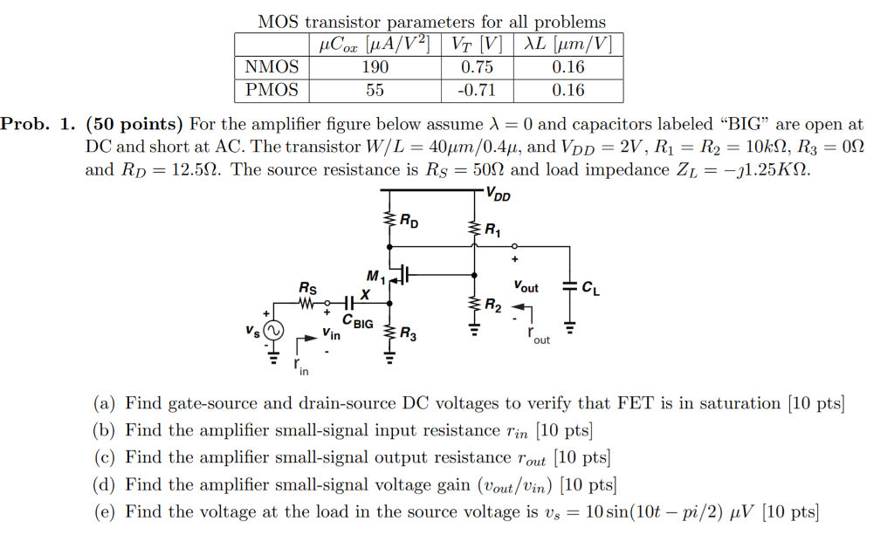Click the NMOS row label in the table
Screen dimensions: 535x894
(x=272, y=67)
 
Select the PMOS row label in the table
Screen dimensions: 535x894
(x=272, y=90)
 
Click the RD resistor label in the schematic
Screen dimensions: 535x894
(x=409, y=223)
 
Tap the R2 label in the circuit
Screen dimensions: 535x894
(x=493, y=305)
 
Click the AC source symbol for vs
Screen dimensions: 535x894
(x=273, y=332)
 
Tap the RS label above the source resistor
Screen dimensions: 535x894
(x=308, y=287)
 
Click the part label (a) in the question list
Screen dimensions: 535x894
(x=105, y=403)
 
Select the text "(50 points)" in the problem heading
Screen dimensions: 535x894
(x=133, y=125)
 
